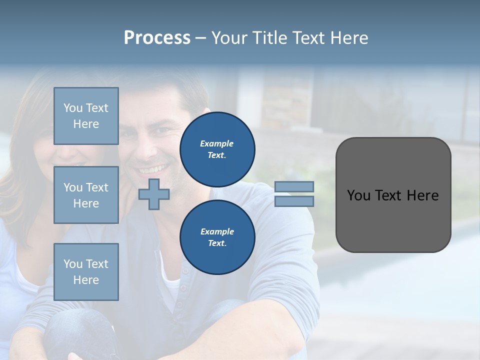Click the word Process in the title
157,38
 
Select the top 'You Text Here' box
86,116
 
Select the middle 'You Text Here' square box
86,195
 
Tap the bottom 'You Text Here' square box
86,271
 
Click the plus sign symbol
153,194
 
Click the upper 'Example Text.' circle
217,149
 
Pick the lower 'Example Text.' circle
217,237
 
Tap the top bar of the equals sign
294,186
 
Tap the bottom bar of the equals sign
294,201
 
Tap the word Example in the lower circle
217,231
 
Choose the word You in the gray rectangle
359,195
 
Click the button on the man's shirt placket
185,270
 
